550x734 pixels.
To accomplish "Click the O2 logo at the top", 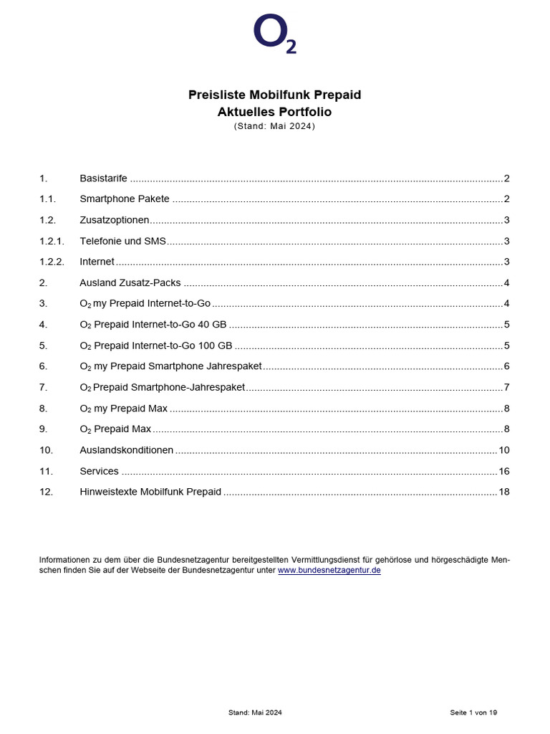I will tap(274, 34).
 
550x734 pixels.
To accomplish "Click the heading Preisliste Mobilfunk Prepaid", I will tap(274, 95).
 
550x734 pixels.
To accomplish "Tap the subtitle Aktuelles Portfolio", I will tap(274, 112).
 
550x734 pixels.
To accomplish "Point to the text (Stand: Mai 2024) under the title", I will tap(274, 126).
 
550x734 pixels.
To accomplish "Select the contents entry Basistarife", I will tap(103, 178).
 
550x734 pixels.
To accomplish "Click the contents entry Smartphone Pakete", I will tap(125, 199).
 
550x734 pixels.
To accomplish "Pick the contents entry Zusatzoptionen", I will tap(115, 220).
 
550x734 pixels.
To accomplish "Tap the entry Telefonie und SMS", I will tap(122, 241).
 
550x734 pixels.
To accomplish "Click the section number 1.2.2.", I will tap(52, 262).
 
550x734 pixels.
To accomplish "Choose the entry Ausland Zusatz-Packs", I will tap(130, 282).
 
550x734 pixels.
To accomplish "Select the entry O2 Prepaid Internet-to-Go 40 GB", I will tap(153, 325).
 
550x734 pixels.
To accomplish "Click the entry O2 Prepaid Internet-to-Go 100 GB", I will tap(155, 345).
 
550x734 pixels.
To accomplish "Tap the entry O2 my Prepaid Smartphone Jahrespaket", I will tap(170, 366).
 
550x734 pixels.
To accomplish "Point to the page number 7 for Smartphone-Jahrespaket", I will tap(506, 387).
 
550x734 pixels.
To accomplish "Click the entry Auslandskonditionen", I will tap(126, 450).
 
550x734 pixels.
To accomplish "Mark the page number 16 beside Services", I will tap(503, 471).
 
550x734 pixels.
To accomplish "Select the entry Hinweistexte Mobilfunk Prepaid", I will tap(150, 492).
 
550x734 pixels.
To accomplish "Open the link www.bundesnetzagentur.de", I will tap(329, 570).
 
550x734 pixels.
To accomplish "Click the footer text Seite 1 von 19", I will tap(473, 712).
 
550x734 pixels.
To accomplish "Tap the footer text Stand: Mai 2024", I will tap(255, 712).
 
